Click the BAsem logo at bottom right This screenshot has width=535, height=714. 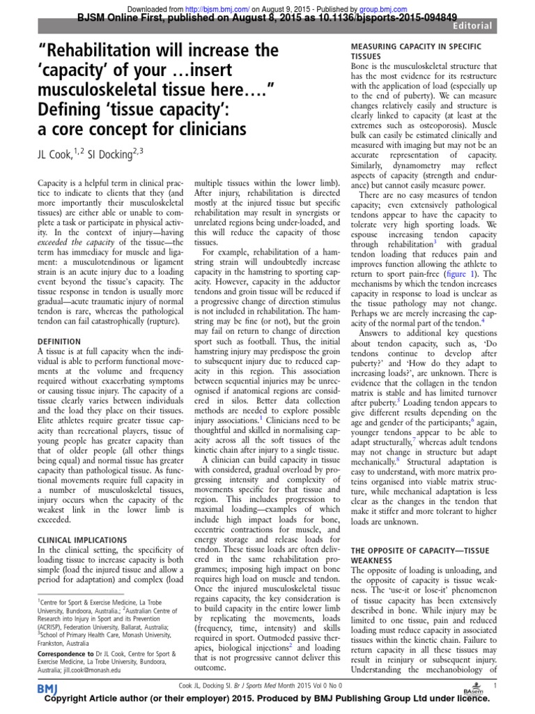click(473, 688)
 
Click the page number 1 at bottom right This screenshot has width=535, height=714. click(494, 686)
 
